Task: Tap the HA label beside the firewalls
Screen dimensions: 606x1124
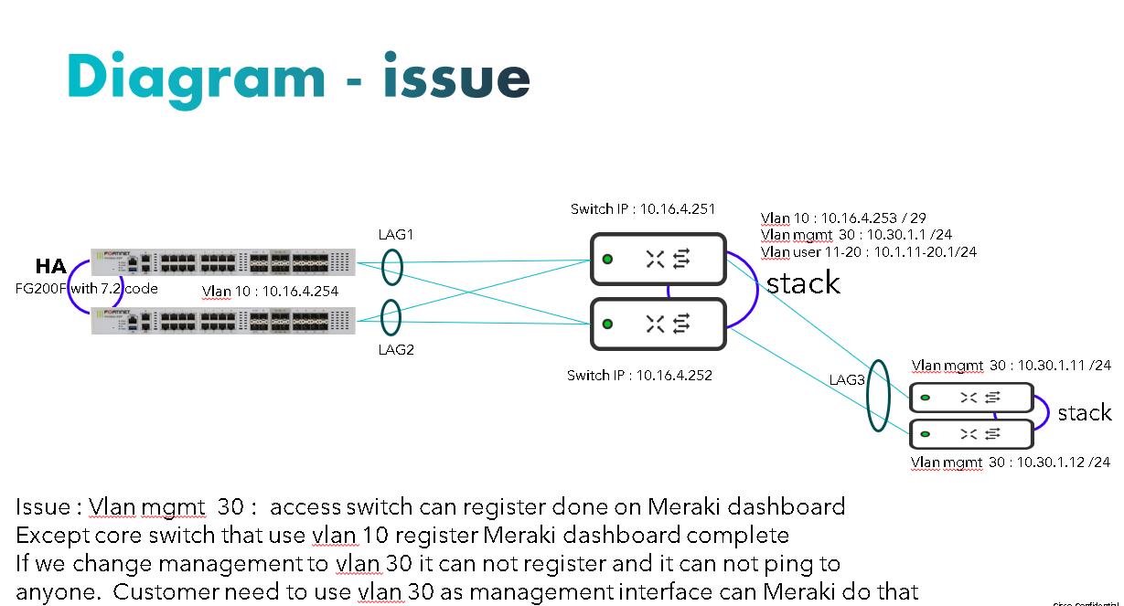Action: pos(50,267)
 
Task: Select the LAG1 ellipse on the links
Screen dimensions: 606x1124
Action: pos(392,269)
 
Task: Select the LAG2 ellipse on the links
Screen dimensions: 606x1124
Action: pos(392,319)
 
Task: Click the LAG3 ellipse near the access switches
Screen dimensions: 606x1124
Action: pos(878,395)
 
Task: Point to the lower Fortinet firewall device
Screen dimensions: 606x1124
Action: pos(222,320)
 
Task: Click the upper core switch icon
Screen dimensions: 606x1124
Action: pos(658,260)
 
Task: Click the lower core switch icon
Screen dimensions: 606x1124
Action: pos(658,323)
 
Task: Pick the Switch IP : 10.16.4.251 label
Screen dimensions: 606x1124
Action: pos(641,209)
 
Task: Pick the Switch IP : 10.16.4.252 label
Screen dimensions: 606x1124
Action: pos(639,376)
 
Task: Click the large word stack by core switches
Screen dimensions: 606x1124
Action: pos(803,283)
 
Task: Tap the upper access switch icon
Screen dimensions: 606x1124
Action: pos(970,398)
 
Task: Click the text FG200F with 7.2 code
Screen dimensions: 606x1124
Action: pos(87,289)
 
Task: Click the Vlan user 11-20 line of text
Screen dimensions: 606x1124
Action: pos(868,251)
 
